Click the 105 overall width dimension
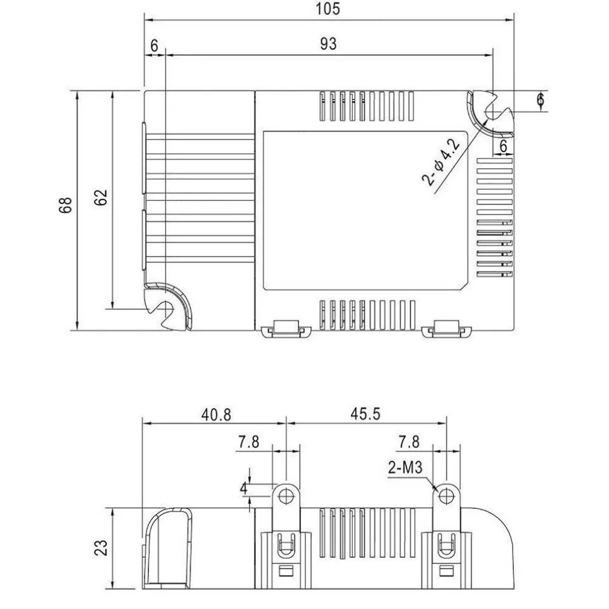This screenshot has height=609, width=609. click(327, 9)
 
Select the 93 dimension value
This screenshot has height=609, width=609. click(328, 44)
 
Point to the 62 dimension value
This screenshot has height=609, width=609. click(101, 197)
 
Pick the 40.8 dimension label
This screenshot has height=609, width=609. click(216, 415)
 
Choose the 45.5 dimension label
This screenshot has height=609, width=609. click(365, 414)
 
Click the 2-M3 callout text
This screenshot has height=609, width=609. click(405, 467)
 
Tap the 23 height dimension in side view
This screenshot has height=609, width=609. click(101, 547)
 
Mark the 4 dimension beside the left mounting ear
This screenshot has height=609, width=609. click(244, 488)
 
